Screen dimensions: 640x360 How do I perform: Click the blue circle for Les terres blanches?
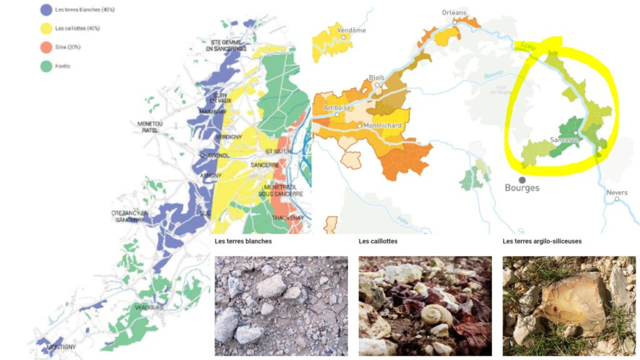click(46, 10)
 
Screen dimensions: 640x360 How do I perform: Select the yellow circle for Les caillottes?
click(46, 28)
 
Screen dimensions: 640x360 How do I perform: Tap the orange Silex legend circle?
click(46, 47)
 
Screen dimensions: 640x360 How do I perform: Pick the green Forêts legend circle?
click(46, 66)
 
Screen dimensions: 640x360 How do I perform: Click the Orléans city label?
click(454, 12)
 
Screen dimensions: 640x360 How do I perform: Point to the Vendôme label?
click(351, 30)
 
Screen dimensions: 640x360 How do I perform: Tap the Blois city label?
click(377, 77)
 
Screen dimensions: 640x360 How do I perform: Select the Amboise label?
click(337, 107)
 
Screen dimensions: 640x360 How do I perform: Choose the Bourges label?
click(522, 188)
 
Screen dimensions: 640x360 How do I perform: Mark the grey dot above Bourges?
click(522, 179)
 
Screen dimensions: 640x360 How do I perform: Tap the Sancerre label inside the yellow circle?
click(563, 141)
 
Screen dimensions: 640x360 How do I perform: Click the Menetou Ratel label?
click(150, 127)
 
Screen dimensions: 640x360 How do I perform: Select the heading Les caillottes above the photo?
click(378, 241)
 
